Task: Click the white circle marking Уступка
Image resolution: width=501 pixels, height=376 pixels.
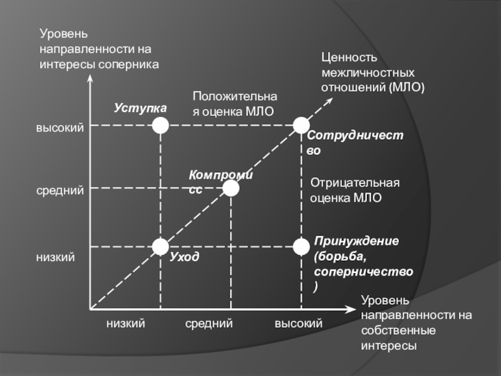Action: pyautogui.click(x=161, y=126)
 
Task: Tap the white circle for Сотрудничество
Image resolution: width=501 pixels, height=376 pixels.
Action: pyautogui.click(x=302, y=126)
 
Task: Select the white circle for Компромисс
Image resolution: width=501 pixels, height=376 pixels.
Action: pyautogui.click(x=231, y=188)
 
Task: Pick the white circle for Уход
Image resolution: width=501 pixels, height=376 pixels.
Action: pyautogui.click(x=161, y=248)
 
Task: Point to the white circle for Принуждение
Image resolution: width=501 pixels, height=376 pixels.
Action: pyautogui.click(x=302, y=248)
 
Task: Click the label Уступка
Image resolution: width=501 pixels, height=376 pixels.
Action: pyautogui.click(x=140, y=108)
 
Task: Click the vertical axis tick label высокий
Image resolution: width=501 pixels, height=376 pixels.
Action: pyautogui.click(x=59, y=128)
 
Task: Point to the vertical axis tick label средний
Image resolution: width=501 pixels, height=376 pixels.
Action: pyautogui.click(x=59, y=190)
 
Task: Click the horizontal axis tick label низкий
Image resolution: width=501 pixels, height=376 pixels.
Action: pyautogui.click(x=126, y=323)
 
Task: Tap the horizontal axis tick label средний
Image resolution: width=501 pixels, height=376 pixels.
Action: pyautogui.click(x=209, y=323)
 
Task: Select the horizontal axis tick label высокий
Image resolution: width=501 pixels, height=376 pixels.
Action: pyautogui.click(x=299, y=323)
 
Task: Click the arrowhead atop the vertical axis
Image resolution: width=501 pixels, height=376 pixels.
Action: pyautogui.click(x=90, y=80)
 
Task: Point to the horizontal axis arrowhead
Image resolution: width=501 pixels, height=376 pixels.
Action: pyautogui.click(x=351, y=309)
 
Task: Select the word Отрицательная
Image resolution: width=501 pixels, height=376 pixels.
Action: pyautogui.click(x=355, y=183)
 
